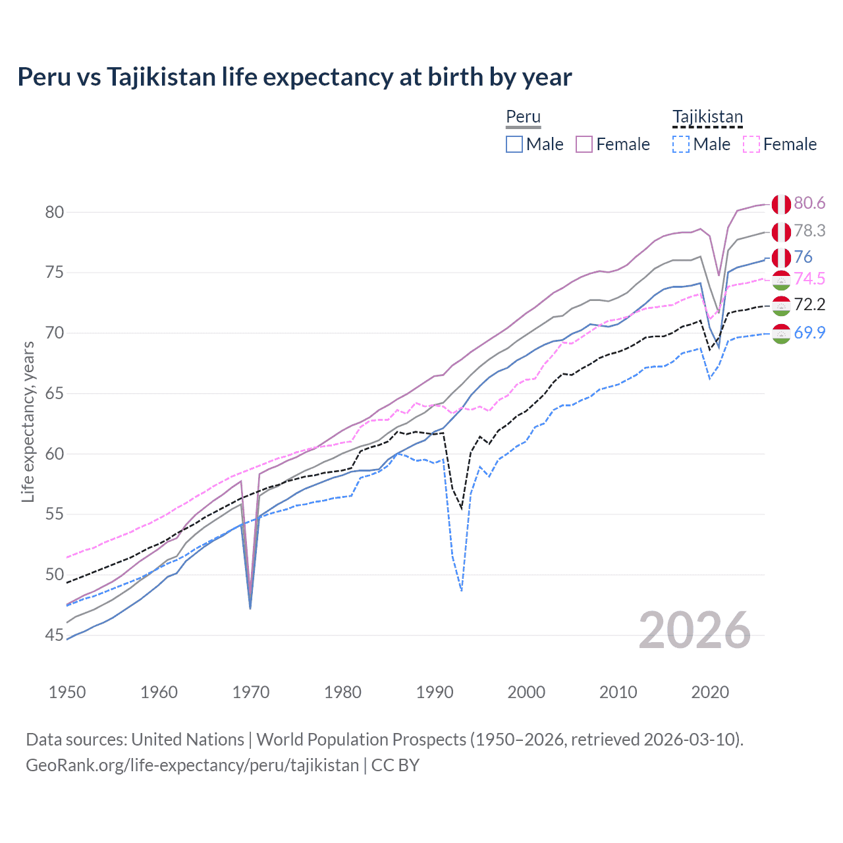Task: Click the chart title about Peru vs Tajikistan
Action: coord(294,77)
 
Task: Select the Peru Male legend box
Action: coord(514,144)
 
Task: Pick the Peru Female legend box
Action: coord(584,144)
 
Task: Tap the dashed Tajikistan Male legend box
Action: coord(681,144)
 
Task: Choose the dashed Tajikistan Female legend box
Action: coord(751,144)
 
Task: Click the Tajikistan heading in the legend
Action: coord(707,117)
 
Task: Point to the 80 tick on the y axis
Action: coord(55,212)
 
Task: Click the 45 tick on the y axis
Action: coord(55,636)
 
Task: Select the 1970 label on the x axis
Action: coord(251,692)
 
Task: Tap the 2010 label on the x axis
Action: coord(618,692)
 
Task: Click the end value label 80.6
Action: coord(809,204)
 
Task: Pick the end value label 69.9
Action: coord(809,333)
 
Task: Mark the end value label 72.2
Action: coord(809,305)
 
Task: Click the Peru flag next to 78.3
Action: coord(781,232)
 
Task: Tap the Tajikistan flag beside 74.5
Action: coord(781,280)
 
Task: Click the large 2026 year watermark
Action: coord(695,631)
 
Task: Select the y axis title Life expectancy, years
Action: coord(28,421)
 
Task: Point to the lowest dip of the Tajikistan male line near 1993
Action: coord(462,590)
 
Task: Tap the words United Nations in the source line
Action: coord(188,740)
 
